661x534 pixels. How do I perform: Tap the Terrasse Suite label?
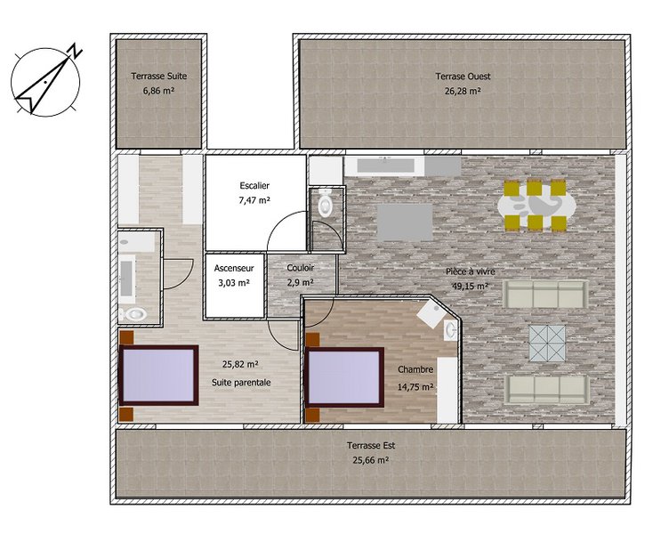pos(159,77)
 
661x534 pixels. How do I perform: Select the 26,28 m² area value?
pos(464,91)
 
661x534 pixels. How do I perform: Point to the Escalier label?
pos(254,186)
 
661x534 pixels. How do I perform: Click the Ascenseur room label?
pos(234,268)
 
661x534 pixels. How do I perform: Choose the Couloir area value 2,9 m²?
pos(300,283)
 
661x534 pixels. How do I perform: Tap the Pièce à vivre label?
pos(471,272)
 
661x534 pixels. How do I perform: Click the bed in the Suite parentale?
pos(159,376)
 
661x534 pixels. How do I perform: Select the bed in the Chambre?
pos(345,377)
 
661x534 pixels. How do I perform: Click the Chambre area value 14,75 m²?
pos(416,386)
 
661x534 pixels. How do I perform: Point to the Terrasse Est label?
pos(371,445)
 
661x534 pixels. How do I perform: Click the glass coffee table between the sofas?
pos(547,343)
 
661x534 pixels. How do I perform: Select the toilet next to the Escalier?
pos(325,204)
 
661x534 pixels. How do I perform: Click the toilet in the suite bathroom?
pos(134,314)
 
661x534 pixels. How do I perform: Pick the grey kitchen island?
pos(405,222)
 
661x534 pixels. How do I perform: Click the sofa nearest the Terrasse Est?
pos(547,389)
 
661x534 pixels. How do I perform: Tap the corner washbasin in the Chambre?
pos(450,329)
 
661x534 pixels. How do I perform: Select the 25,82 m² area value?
pos(240,364)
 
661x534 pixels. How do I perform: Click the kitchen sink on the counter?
pos(385,166)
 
